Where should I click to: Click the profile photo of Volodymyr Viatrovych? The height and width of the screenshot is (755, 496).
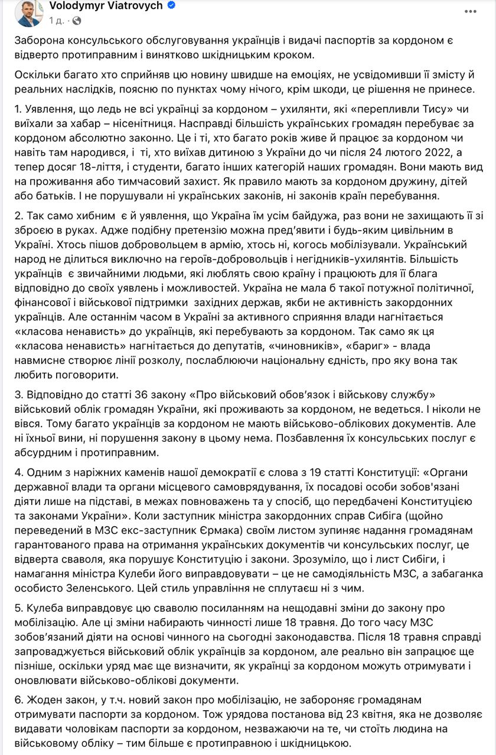tap(29, 12)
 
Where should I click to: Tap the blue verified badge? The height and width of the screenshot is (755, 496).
tap(171, 6)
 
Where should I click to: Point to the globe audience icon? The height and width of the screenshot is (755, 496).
tap(77, 21)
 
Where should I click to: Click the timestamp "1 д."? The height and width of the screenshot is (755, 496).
tap(57, 21)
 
